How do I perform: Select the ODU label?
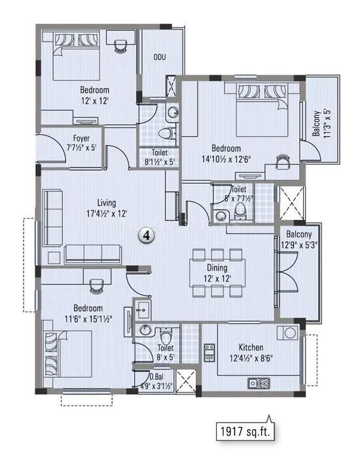click(x=159, y=58)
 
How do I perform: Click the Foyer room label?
click(x=81, y=138)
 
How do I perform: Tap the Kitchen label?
click(x=251, y=347)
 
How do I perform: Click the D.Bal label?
click(x=155, y=376)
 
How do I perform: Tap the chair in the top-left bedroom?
click(x=120, y=43)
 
